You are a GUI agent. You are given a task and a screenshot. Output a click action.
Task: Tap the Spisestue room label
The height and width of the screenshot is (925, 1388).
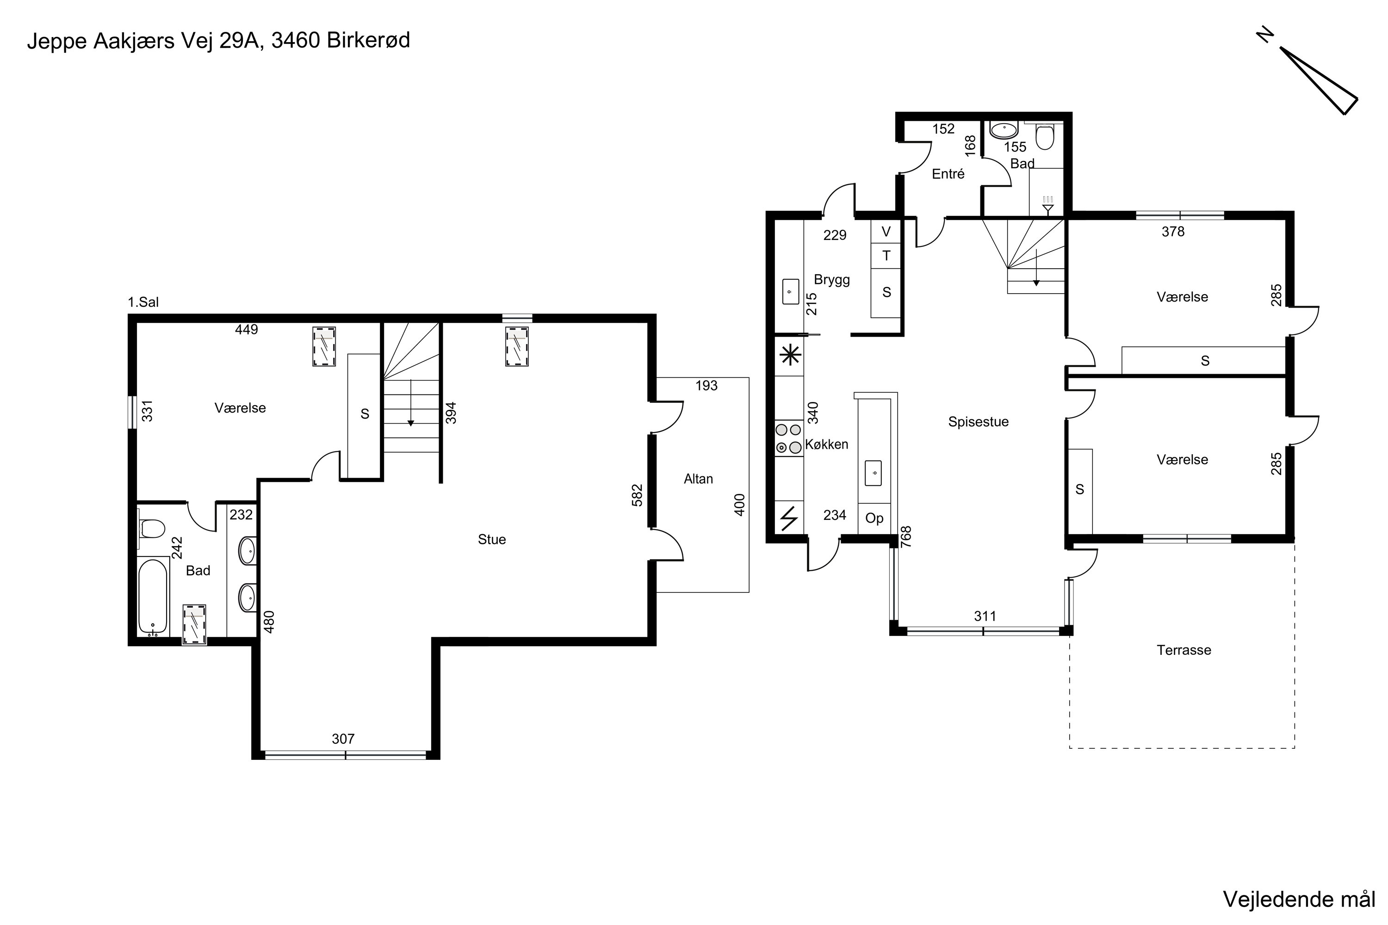click(x=978, y=422)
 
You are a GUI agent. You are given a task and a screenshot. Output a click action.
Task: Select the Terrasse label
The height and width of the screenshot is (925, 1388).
click(x=1184, y=650)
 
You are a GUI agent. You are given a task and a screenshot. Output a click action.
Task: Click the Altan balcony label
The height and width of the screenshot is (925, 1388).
click(x=698, y=479)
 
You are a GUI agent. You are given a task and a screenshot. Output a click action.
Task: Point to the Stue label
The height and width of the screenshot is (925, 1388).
click(x=491, y=539)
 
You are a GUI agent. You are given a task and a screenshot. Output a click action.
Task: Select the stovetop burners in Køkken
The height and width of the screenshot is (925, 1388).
click(x=788, y=438)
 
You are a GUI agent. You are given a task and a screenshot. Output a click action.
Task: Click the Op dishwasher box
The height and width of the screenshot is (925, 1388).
click(x=874, y=518)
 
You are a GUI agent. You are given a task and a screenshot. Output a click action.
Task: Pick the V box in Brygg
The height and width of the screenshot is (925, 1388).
click(x=886, y=231)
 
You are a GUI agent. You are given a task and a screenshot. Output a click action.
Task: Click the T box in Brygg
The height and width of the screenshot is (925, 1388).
click(x=886, y=255)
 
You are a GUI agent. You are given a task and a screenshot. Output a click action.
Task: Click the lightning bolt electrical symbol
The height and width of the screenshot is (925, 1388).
click(x=789, y=518)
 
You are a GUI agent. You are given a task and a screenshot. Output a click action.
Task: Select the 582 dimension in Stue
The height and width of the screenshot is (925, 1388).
click(x=637, y=495)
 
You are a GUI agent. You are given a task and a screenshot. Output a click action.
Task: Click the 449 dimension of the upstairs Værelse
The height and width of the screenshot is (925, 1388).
click(x=246, y=330)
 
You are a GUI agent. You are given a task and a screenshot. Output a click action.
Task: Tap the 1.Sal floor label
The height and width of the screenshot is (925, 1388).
click(x=143, y=302)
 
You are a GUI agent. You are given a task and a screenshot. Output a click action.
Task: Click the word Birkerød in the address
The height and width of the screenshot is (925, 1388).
click(x=368, y=40)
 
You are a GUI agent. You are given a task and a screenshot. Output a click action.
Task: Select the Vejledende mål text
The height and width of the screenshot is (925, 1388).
click(x=1299, y=899)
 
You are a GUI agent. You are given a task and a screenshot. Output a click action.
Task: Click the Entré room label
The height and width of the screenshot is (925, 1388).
click(x=948, y=173)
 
